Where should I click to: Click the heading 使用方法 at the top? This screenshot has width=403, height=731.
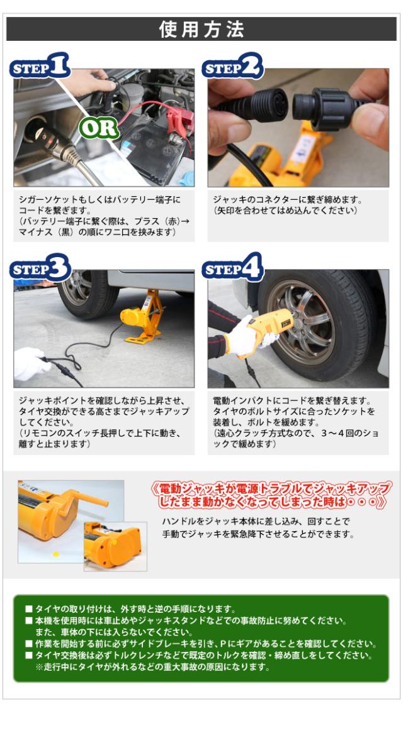201,30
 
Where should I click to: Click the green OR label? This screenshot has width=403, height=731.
98,128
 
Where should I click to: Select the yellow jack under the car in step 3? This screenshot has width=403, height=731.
142,317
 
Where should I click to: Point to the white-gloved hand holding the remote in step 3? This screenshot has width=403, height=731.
31,364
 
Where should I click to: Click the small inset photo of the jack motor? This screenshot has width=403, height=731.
115,546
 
